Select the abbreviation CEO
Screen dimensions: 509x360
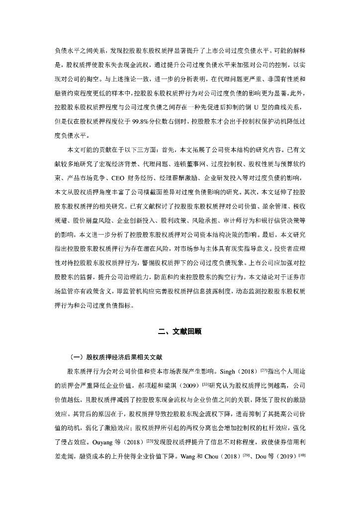click(119, 178)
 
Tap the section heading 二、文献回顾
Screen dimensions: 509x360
click(180, 332)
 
